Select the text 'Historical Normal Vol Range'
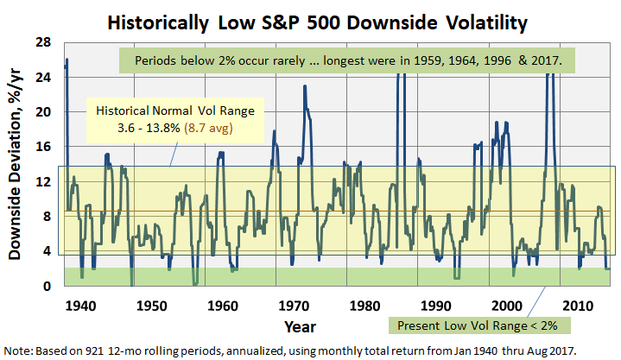pyautogui.click(x=175, y=111)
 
